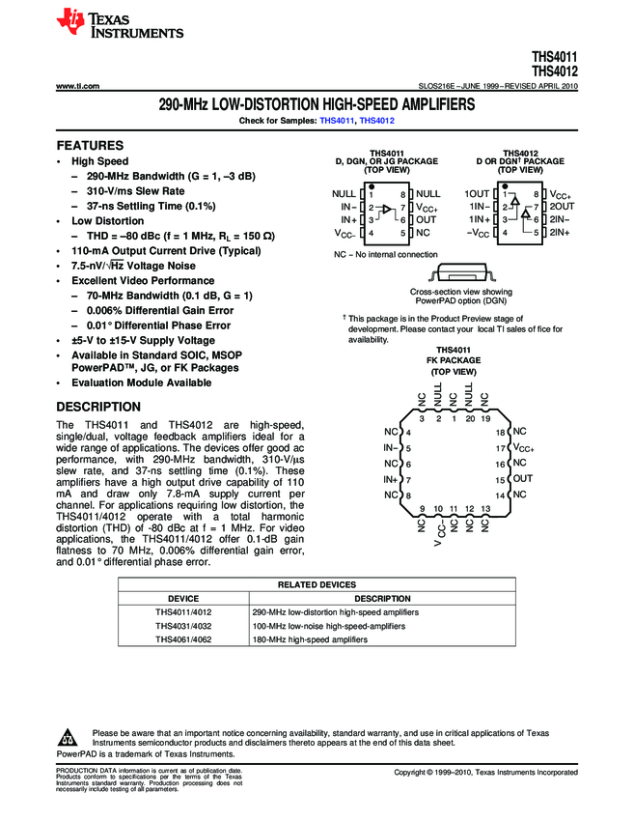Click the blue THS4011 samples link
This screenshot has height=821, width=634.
[336, 120]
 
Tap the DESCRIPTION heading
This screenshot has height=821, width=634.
[98, 407]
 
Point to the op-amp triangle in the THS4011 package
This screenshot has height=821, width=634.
[387, 212]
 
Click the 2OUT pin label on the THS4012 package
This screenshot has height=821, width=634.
[562, 207]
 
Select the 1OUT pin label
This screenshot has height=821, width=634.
[477, 194]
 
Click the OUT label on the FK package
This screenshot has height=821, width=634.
[522, 479]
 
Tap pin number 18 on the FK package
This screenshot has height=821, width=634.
[500, 432]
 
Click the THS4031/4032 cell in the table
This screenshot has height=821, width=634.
[183, 626]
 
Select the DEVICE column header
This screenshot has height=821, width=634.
[183, 599]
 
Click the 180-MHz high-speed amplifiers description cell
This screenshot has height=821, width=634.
[311, 639]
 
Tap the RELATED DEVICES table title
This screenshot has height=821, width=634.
[317, 584]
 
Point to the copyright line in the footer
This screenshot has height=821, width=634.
[485, 773]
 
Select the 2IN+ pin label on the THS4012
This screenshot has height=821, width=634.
[561, 233]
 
